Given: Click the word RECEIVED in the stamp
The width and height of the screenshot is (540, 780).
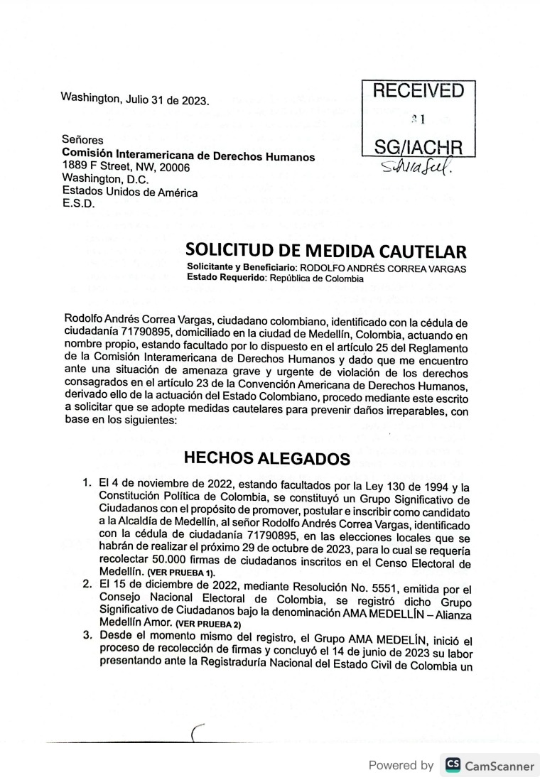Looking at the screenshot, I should click(418, 91).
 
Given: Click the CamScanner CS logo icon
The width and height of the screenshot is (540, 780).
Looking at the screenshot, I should click(453, 766).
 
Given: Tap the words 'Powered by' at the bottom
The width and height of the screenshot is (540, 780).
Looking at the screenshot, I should click(401, 766).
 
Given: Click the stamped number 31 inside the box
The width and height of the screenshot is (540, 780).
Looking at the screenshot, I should click(418, 120).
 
